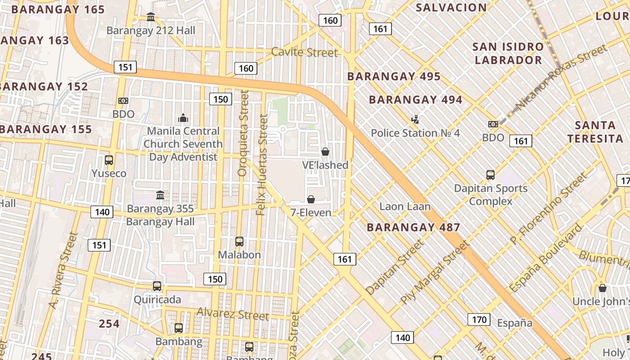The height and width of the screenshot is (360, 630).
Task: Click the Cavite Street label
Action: [x=304, y=52]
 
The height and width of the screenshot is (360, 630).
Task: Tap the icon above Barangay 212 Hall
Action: [x=151, y=17]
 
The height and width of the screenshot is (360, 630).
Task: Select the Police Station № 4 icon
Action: [x=415, y=120]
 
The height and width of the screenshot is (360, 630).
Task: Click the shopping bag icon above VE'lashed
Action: [x=325, y=152]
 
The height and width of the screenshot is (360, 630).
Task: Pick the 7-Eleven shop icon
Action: [x=310, y=199]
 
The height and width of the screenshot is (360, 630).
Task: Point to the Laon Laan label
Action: [x=405, y=207]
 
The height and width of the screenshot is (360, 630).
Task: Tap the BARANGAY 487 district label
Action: [x=413, y=227]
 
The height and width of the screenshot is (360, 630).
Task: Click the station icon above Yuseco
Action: [x=108, y=160]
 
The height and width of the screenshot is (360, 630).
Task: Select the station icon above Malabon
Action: [x=239, y=242]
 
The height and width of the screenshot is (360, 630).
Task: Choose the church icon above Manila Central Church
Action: [x=183, y=118]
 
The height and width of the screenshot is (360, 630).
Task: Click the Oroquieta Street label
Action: [x=243, y=133]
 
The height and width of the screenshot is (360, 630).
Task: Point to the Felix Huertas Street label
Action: [x=261, y=164]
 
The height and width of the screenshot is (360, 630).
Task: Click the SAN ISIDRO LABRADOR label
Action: [x=508, y=53]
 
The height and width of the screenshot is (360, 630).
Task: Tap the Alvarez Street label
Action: [x=233, y=313]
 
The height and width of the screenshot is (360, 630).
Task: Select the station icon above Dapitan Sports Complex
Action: [x=490, y=175]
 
